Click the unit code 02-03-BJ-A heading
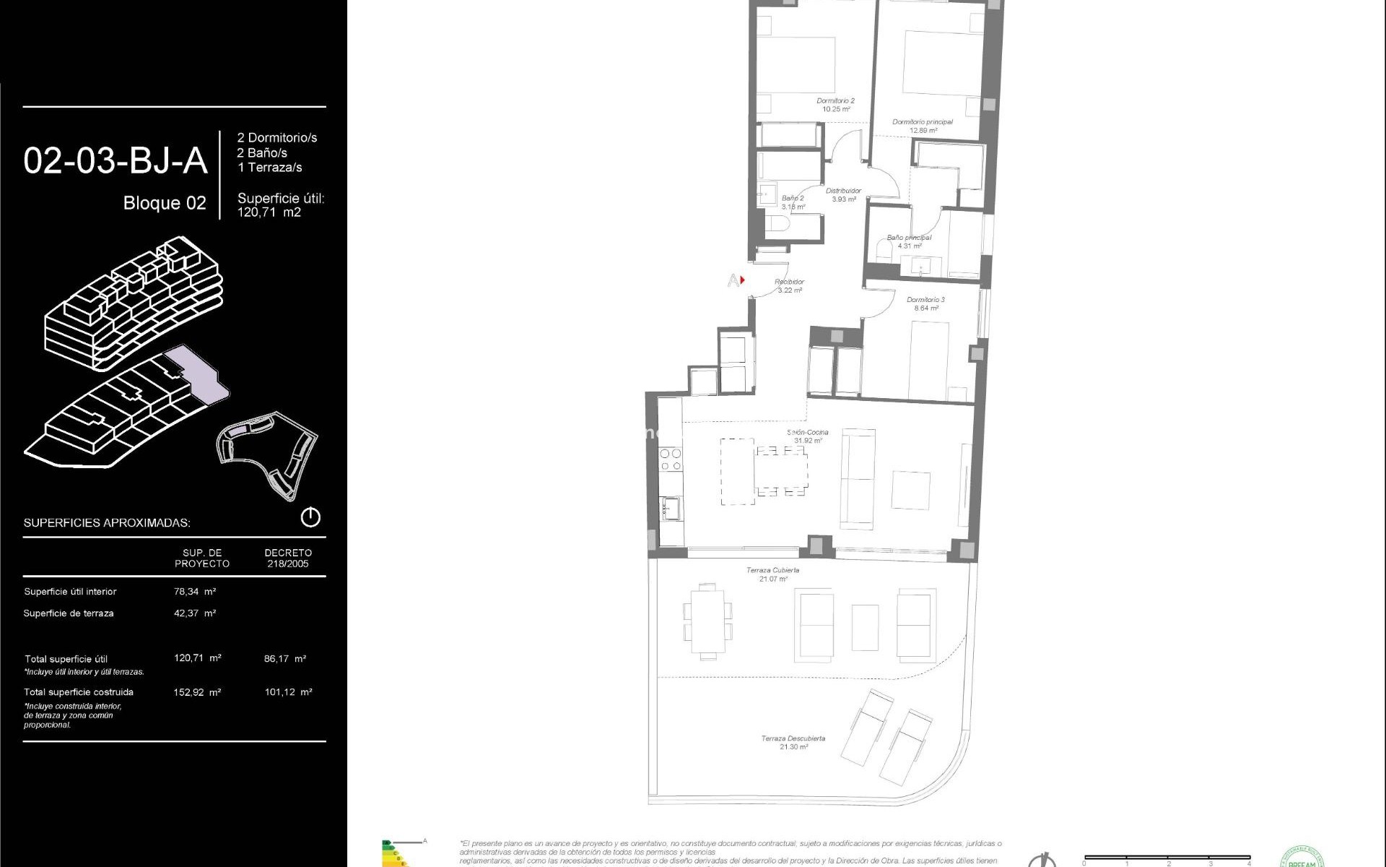pyautogui.click(x=115, y=160)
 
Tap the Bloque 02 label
pyautogui.click(x=165, y=203)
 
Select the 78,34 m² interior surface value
pyautogui.click(x=195, y=591)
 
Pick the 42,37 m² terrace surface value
pyautogui.click(x=195, y=613)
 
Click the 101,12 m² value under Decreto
pyautogui.click(x=288, y=691)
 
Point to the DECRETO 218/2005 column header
pyautogui.click(x=288, y=558)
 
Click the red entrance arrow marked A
pyautogui.click(x=742, y=280)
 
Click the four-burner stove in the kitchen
pyautogui.click(x=671, y=460)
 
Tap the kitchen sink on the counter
pyautogui.click(x=671, y=508)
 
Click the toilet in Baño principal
pyautogui.click(x=882, y=251)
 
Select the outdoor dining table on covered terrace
pyautogui.click(x=707, y=621)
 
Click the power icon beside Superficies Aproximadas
pyautogui.click(x=310, y=517)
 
